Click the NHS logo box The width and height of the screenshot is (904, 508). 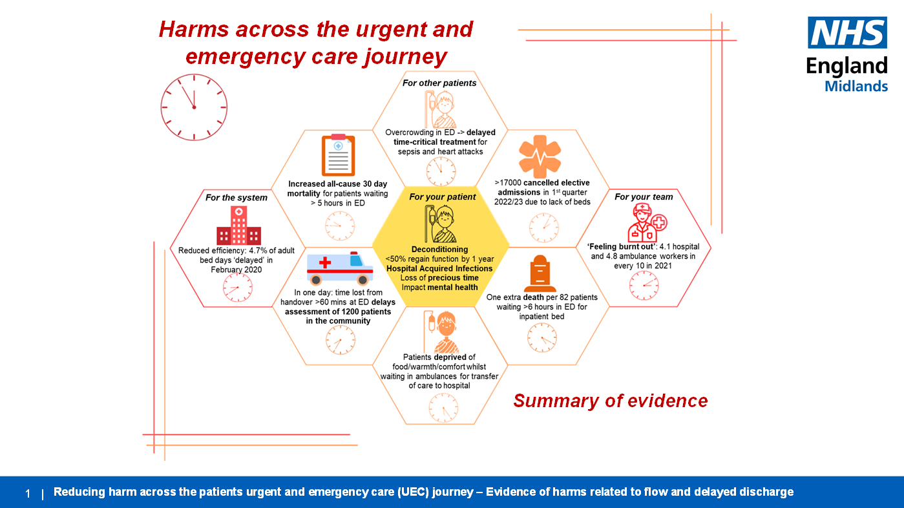847,33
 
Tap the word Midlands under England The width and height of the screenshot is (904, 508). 856,85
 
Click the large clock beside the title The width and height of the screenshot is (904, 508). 194,107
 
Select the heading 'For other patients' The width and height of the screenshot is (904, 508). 439,83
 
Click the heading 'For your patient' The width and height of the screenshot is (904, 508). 443,197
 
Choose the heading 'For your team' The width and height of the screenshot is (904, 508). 644,197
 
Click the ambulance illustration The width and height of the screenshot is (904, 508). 340,268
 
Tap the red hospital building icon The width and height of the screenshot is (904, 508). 238,226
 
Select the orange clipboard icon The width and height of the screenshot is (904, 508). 338,156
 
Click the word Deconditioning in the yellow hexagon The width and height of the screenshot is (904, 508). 439,249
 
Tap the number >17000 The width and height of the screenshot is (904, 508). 507,183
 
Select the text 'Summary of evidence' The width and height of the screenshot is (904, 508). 610,401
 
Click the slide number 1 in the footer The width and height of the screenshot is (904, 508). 28,493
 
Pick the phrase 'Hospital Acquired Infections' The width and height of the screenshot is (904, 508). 439,268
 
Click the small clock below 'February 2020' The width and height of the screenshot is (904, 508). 238,288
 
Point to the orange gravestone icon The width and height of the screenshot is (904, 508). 540,273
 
